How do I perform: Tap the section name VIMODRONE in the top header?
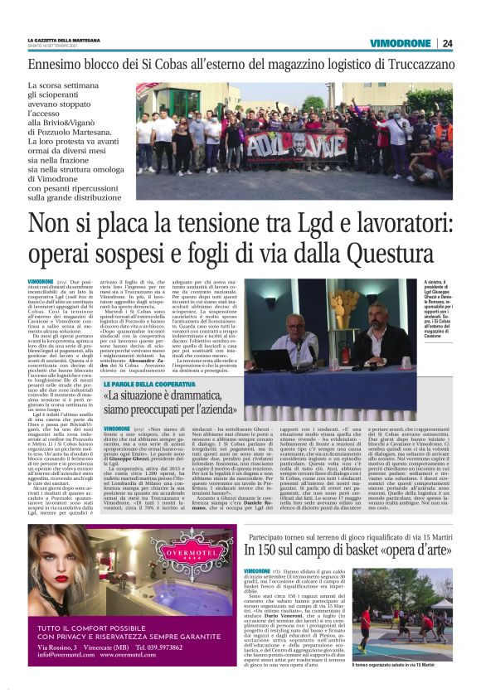pos(401,44)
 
